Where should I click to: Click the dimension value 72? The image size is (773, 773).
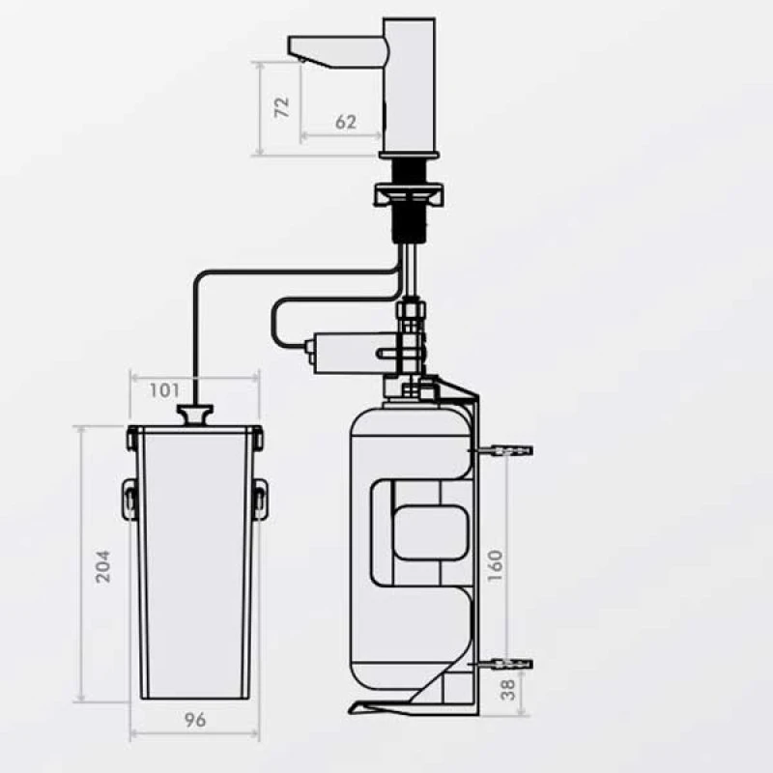pyautogui.click(x=282, y=107)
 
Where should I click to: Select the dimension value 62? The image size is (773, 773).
pyautogui.click(x=346, y=122)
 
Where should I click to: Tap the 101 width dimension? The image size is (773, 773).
pyautogui.click(x=164, y=390)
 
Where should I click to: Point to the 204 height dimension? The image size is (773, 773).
pyautogui.click(x=103, y=566)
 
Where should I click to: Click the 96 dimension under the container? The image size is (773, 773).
pyautogui.click(x=195, y=720)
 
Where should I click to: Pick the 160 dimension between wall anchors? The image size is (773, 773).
pyautogui.click(x=495, y=566)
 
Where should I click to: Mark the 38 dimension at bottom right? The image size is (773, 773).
pyautogui.click(x=508, y=690)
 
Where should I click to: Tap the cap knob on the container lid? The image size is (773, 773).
pyautogui.click(x=196, y=415)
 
